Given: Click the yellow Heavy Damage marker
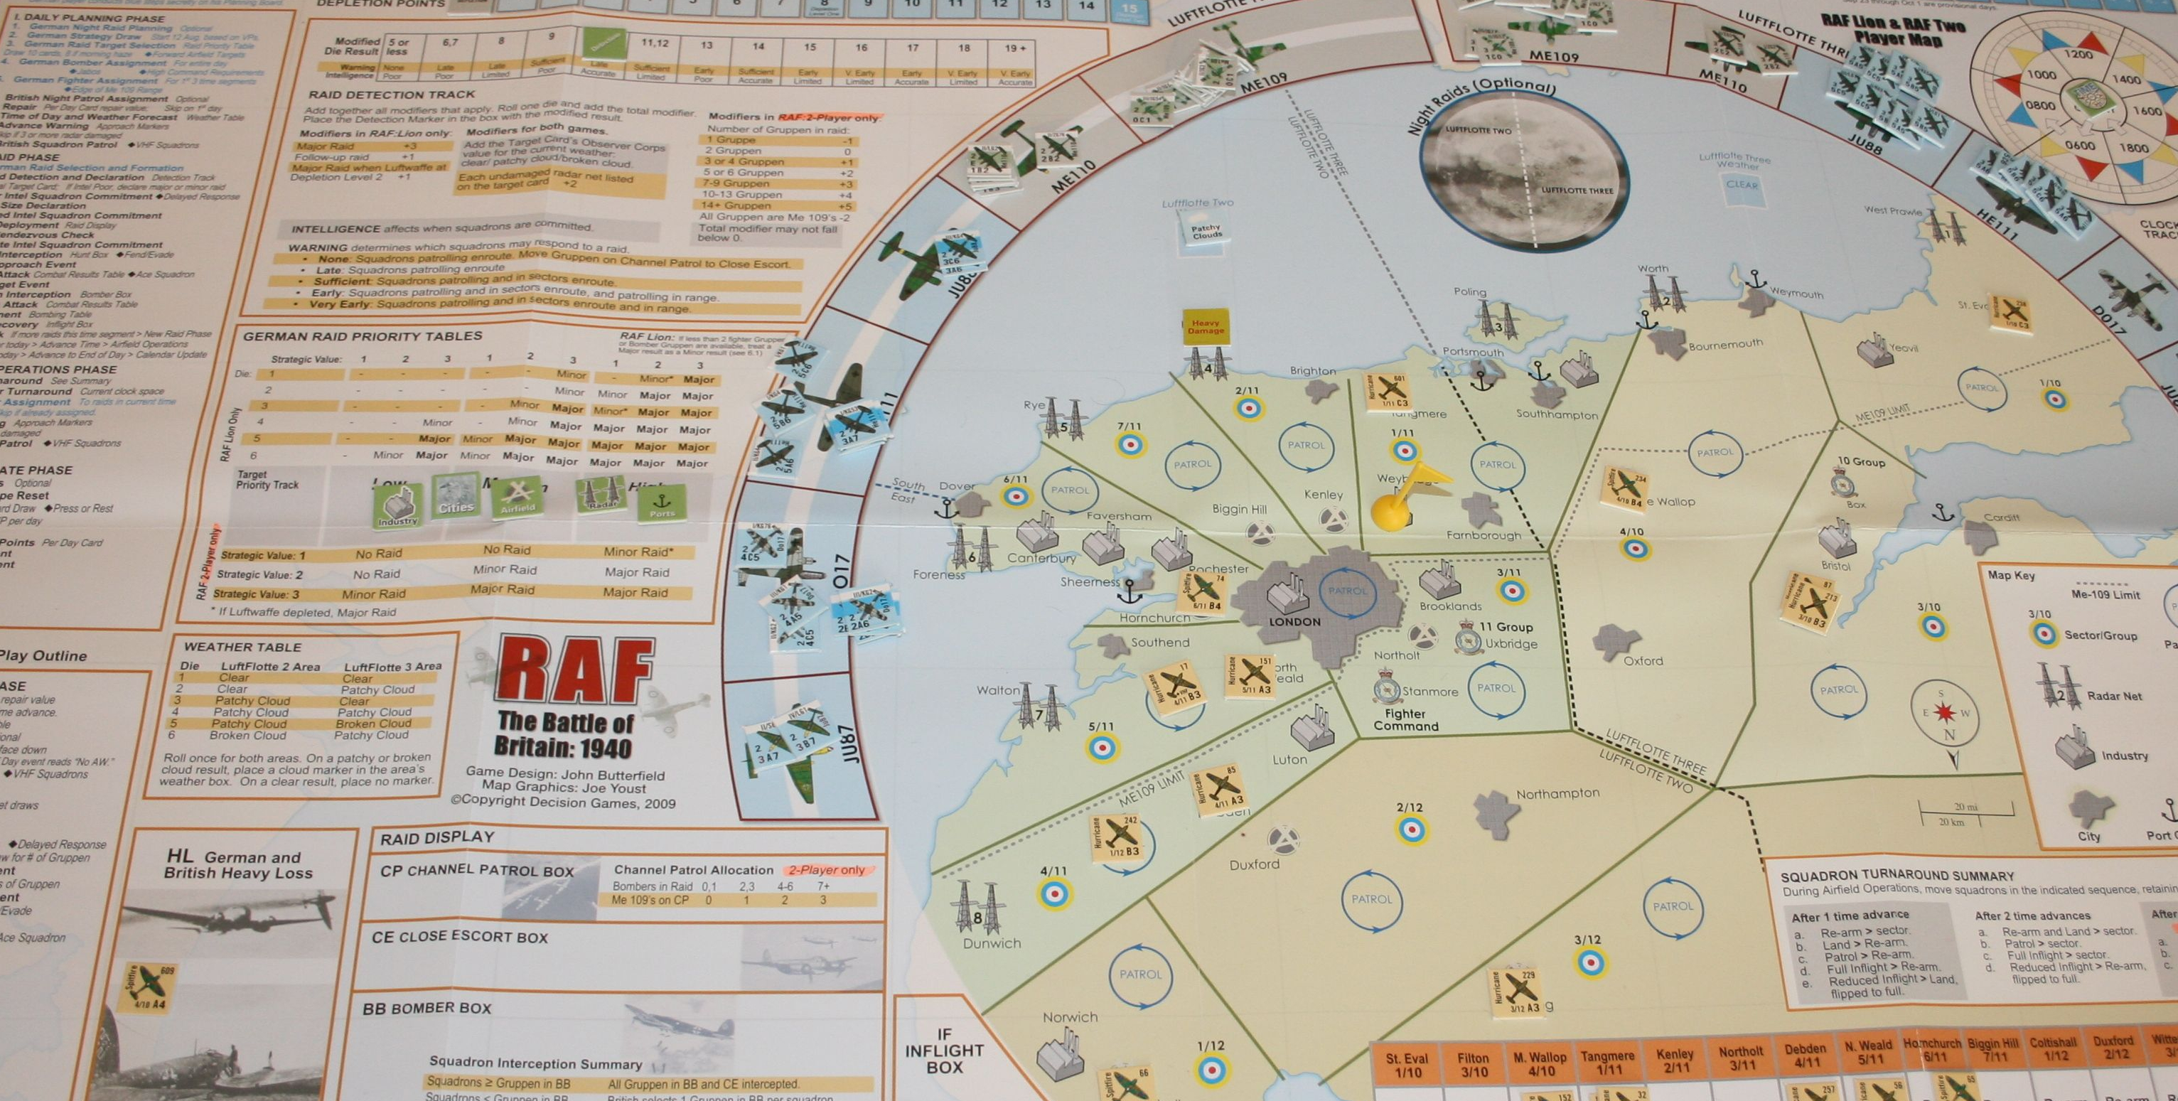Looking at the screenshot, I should pyautogui.click(x=1206, y=327).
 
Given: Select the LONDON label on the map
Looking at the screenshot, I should pyautogui.click(x=1294, y=621).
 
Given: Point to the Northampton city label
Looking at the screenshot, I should pyautogui.click(x=1557, y=794).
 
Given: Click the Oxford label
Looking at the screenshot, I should pyautogui.click(x=1642, y=661).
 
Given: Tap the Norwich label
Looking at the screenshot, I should pyautogui.click(x=1070, y=1017).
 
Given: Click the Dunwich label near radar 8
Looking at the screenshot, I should pyautogui.click(x=991, y=943).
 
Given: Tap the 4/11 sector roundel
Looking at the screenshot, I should pyautogui.click(x=1054, y=893).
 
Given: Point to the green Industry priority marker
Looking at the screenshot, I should pyautogui.click(x=397, y=505).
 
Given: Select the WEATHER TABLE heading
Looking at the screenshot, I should pyautogui.click(x=242, y=647).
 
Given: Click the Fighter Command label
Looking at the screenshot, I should pyautogui.click(x=1405, y=719).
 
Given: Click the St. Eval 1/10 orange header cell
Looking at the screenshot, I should pyautogui.click(x=1407, y=1065).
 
